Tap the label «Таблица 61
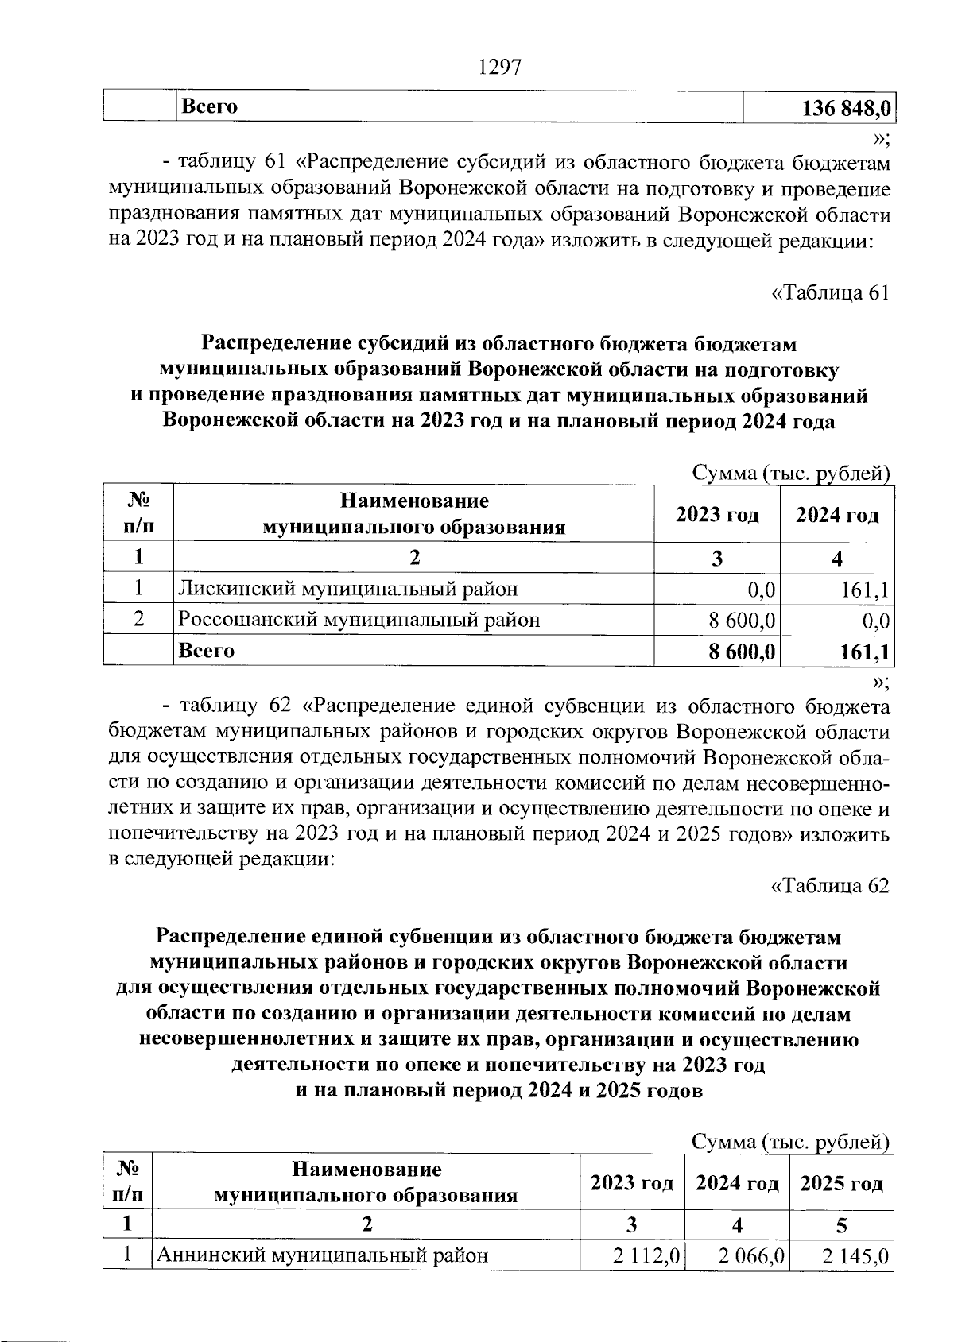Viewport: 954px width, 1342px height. pos(831,292)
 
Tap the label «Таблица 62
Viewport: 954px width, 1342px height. pos(831,885)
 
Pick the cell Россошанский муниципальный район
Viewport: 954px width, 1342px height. pos(359,620)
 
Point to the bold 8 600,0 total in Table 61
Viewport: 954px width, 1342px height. pos(742,652)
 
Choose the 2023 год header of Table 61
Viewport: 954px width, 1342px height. pos(717,515)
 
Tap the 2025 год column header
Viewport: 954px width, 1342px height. pos(841,1184)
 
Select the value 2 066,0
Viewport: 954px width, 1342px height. pos(751,1256)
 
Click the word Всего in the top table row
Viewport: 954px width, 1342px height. pos(209,106)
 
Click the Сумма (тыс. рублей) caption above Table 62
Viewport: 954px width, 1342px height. pos(789,1143)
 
